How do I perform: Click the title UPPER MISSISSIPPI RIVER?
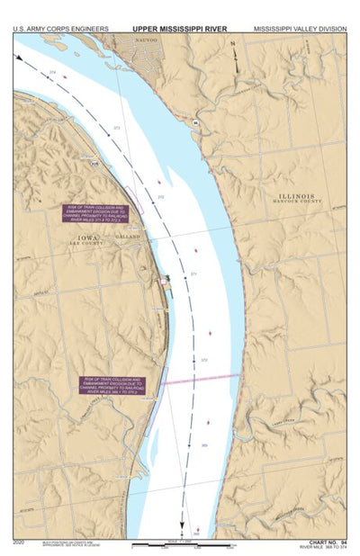pyautogui.click(x=180, y=29)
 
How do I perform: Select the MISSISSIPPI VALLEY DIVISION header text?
pyautogui.click(x=299, y=29)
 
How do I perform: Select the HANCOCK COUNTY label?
pyautogui.click(x=297, y=202)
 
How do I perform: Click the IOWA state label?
pyautogui.click(x=86, y=238)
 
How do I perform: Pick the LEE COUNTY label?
pyautogui.click(x=86, y=244)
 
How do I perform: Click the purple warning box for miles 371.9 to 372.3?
pyautogui.click(x=95, y=213)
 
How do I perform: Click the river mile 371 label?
pyautogui.click(x=193, y=274)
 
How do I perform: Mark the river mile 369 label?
pyautogui.click(x=203, y=445)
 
